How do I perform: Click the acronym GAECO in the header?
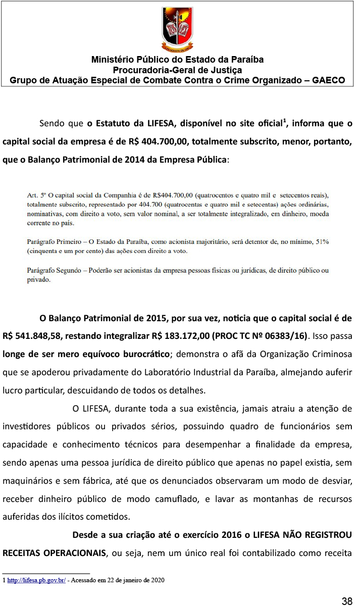click(x=328, y=80)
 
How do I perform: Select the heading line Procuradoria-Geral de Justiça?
click(x=177, y=70)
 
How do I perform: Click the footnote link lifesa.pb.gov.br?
click(x=36, y=580)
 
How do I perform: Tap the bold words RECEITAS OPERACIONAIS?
click(x=55, y=552)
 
